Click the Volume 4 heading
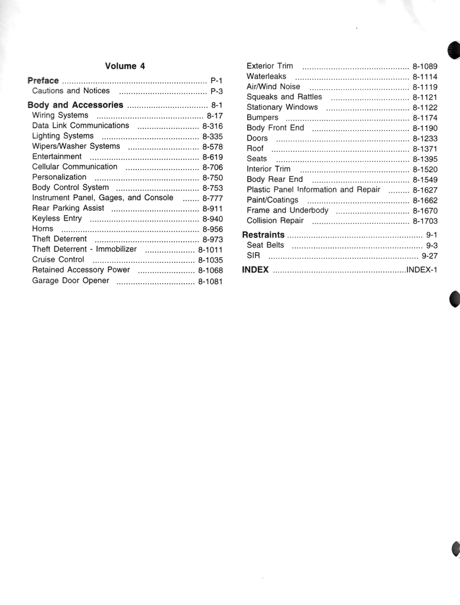click(125, 66)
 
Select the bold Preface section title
click(43, 80)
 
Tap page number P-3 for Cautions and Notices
click(216, 92)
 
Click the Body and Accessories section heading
click(76, 105)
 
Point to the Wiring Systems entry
click(60, 115)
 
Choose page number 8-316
click(212, 126)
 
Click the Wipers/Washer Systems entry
click(76, 146)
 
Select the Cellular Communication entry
click(74, 167)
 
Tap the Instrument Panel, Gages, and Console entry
click(102, 198)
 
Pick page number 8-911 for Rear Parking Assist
click(212, 209)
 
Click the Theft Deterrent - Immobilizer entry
click(84, 249)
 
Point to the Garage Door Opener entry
click(70, 281)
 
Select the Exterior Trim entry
click(270, 66)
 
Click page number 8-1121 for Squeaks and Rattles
click(425, 97)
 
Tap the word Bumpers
click(262, 118)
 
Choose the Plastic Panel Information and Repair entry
click(313, 190)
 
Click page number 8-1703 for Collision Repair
click(425, 221)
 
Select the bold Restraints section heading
click(263, 235)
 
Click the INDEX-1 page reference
click(421, 270)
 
